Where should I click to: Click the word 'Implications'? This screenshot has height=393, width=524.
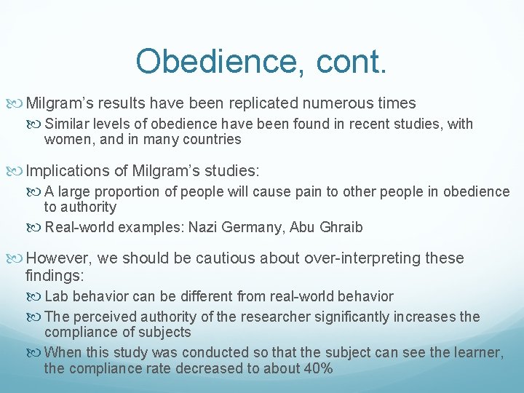point(71,171)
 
